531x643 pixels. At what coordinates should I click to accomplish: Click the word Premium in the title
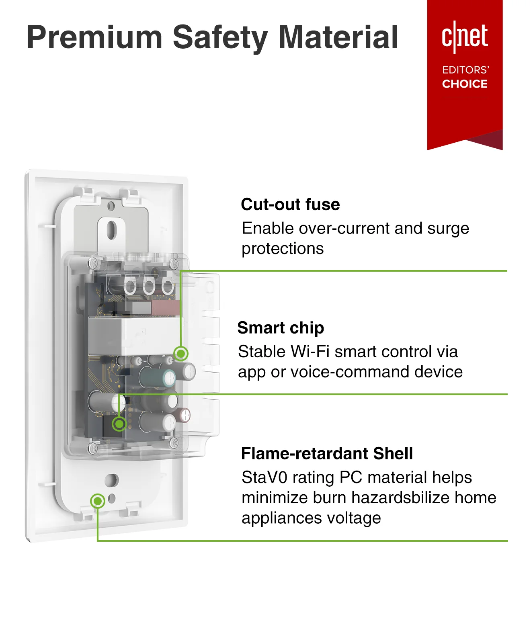pos(94,37)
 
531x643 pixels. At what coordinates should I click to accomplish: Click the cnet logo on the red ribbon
pos(465,37)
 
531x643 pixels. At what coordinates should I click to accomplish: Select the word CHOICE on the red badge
pos(465,84)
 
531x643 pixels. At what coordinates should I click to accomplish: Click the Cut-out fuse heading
pos(290,204)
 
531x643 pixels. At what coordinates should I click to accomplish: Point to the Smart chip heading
pos(281,328)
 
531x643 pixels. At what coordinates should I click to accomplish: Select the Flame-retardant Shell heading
pos(327,453)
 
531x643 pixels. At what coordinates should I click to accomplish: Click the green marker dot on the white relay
pos(181,353)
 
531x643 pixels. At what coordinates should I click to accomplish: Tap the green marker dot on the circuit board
pos(119,424)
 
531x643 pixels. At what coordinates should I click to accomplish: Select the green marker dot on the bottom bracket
pos(97,501)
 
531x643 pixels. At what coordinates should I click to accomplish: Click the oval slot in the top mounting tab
pos(111,229)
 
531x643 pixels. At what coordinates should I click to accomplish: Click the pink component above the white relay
pos(165,308)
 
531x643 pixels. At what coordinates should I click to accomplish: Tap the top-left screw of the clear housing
pos(93,263)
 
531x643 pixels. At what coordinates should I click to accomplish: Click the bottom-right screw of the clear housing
pos(174,443)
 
